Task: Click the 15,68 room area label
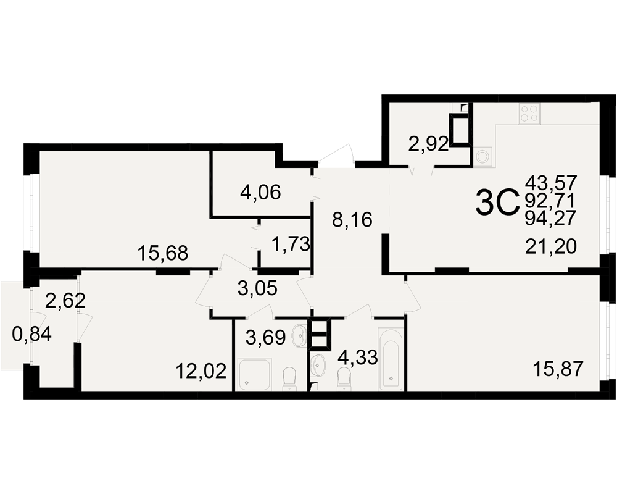[163, 253]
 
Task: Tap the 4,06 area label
[260, 193]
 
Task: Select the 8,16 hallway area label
[352, 220]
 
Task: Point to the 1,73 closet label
[291, 245]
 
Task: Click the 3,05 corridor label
[258, 289]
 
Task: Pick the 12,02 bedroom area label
[201, 371]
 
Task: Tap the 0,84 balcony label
[32, 335]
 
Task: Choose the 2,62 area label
[66, 301]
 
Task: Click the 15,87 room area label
[558, 369]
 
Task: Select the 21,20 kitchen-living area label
[551, 247]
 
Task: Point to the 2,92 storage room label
[429, 145]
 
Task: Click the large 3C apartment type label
[497, 203]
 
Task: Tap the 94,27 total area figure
[551, 218]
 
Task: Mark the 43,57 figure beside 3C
[551, 183]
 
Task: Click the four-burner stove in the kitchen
[529, 114]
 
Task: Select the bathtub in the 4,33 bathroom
[391, 359]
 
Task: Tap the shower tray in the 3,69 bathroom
[255, 374]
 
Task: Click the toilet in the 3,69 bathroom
[289, 379]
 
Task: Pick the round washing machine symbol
[483, 156]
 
